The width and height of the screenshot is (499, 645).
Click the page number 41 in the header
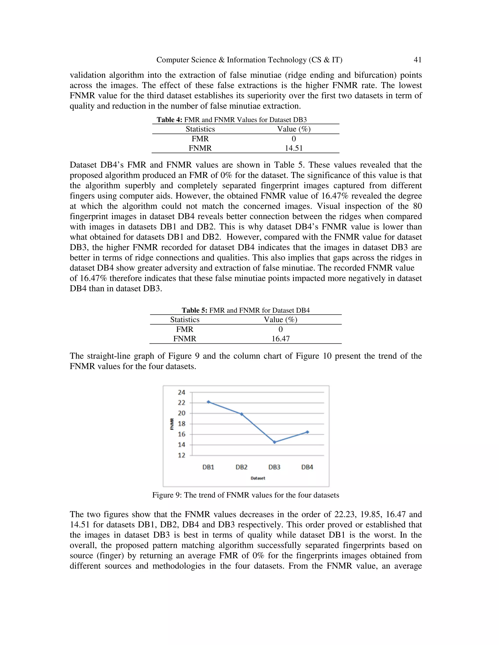417,60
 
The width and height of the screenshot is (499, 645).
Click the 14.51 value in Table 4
294,148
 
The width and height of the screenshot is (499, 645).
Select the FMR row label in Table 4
200,139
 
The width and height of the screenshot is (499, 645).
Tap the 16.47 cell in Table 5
280,339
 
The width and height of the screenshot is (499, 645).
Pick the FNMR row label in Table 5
185,339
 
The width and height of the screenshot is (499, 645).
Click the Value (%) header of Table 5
280,320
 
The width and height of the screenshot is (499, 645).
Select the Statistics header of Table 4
200,129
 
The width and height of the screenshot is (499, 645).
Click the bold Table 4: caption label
169,120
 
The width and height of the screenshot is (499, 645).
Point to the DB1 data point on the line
208,402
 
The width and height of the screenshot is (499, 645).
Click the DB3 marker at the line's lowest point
274,442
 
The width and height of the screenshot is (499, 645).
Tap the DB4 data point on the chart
307,432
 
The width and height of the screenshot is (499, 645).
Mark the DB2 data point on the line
241,414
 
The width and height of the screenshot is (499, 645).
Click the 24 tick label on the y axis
182,393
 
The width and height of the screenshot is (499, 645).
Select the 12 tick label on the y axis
182,455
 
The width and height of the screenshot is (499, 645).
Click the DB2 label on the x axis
241,467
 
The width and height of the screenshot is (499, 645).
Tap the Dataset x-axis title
258,478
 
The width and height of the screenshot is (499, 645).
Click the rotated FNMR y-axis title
172,424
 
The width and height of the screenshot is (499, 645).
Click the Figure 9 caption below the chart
245,495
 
